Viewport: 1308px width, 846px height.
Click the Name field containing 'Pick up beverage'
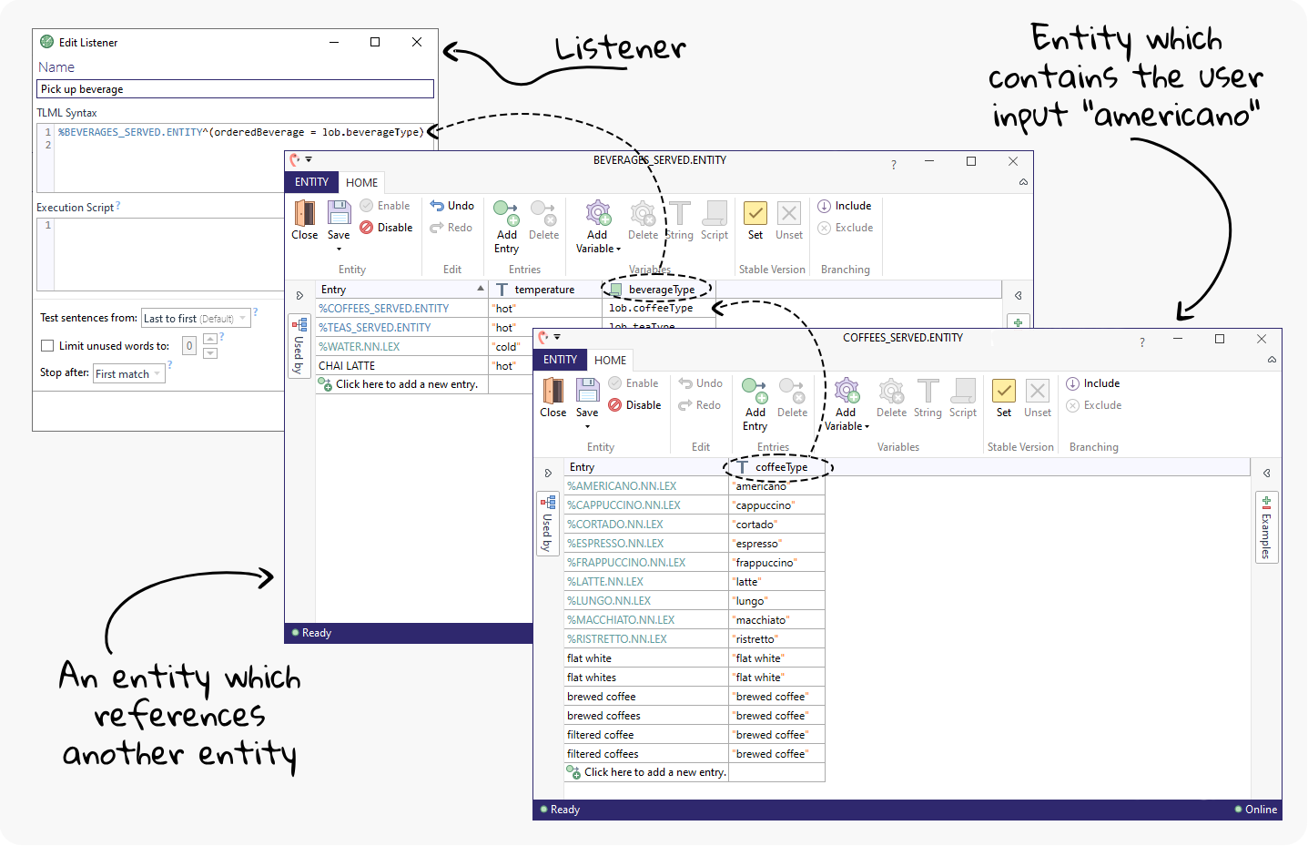point(235,89)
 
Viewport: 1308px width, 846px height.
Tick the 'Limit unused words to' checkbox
point(47,346)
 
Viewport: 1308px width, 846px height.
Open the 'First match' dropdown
point(128,374)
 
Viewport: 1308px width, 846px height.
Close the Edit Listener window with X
point(417,42)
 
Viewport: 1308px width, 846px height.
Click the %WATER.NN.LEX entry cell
point(359,347)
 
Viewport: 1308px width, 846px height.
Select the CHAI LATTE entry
point(347,366)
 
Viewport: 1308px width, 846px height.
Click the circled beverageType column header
point(661,290)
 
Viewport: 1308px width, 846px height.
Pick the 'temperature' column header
point(544,290)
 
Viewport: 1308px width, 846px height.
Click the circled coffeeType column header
point(781,467)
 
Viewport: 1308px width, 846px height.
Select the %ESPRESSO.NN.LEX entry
point(615,544)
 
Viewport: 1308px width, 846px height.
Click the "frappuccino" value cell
point(766,563)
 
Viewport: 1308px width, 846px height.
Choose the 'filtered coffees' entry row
point(603,754)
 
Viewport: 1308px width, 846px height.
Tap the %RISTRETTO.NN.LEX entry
point(617,639)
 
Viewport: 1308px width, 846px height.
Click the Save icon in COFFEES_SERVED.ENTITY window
point(587,392)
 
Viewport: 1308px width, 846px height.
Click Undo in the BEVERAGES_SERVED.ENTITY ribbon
point(452,206)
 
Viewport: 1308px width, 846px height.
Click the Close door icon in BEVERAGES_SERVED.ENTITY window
point(305,214)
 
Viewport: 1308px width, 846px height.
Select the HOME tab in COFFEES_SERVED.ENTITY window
point(610,360)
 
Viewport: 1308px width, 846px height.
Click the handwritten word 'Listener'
point(620,48)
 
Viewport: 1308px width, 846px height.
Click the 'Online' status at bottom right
point(1260,810)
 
